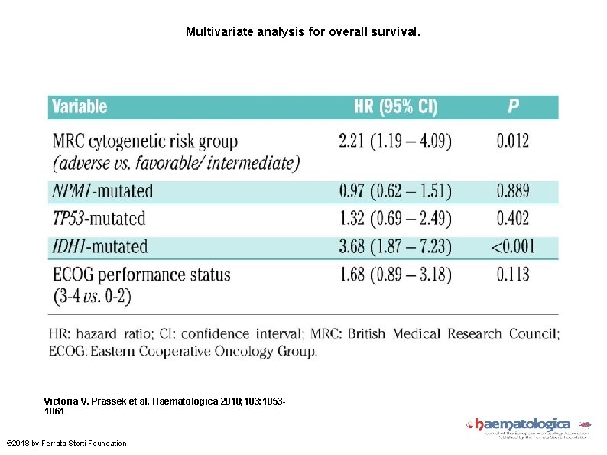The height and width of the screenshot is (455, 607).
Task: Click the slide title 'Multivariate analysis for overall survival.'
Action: pos(303,33)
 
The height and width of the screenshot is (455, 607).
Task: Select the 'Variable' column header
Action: pos(80,107)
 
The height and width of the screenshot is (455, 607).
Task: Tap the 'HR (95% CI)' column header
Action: pos(395,107)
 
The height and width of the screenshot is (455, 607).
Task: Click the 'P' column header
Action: pos(513,107)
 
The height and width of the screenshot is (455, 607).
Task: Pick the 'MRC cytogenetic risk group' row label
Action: pos(145,141)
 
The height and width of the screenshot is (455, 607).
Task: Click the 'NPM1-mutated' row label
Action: pos(102,191)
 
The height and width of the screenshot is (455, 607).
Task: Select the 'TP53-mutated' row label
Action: pos(99,219)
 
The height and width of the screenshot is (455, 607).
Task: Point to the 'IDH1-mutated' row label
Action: pos(100,246)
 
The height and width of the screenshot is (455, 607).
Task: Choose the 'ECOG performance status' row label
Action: pos(141,274)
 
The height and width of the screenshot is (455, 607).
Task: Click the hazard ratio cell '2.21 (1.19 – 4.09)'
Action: pos(394,141)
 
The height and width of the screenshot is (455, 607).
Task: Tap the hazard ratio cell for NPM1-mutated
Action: pos(394,191)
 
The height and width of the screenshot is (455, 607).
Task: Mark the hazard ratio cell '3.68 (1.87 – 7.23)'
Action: pos(394,246)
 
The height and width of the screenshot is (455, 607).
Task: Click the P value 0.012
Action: pos(513,141)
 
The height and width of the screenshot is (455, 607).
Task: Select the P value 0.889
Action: pos(513,191)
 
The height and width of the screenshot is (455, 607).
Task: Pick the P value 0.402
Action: pos(513,219)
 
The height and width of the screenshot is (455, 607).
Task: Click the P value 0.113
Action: pos(513,274)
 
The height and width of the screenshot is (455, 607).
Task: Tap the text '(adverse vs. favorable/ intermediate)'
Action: pos(176,163)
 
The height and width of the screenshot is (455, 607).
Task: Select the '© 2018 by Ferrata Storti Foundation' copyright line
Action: pos(67,443)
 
